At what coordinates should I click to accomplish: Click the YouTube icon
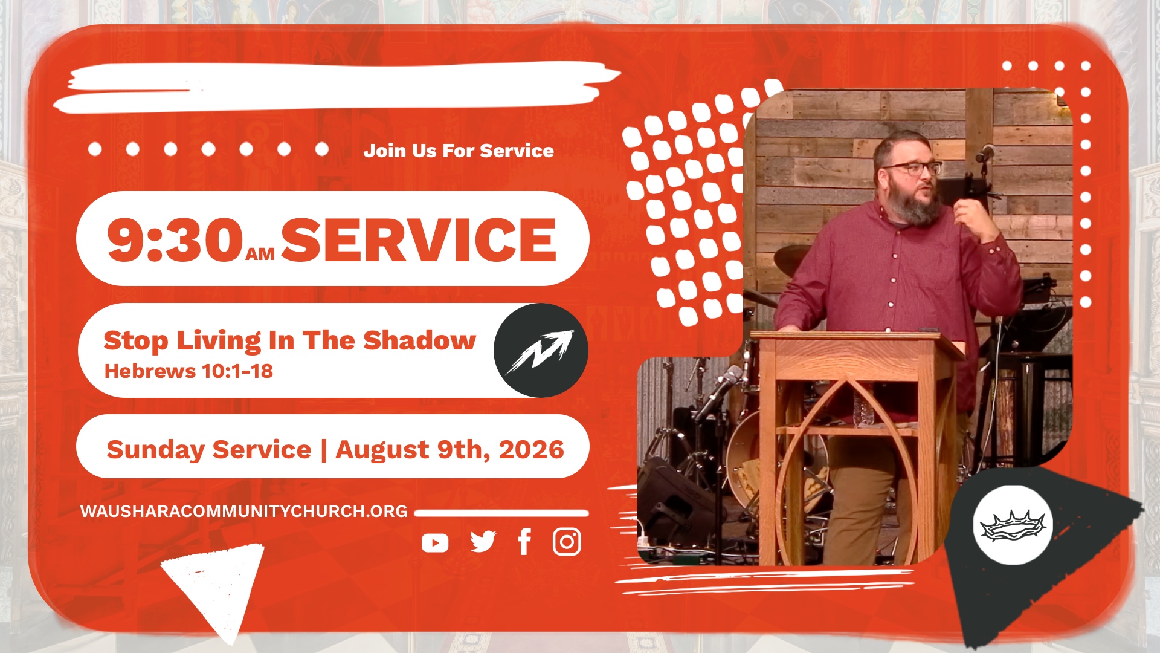(435, 543)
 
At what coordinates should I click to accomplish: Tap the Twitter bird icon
(483, 542)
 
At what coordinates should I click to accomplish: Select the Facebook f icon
(524, 541)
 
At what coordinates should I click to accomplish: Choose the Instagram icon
(567, 542)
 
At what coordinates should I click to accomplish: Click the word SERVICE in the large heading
(418, 240)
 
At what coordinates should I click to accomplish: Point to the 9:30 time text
(175, 240)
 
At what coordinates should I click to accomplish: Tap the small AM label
(260, 255)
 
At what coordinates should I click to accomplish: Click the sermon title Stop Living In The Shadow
(290, 341)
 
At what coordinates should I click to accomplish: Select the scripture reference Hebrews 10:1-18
(188, 371)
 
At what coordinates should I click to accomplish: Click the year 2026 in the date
(532, 450)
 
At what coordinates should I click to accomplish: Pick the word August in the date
(382, 450)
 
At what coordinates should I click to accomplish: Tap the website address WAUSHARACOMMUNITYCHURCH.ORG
(244, 512)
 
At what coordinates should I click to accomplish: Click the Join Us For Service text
(459, 151)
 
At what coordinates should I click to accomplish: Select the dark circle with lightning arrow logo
(541, 350)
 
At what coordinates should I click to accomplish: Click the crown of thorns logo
(1013, 525)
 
